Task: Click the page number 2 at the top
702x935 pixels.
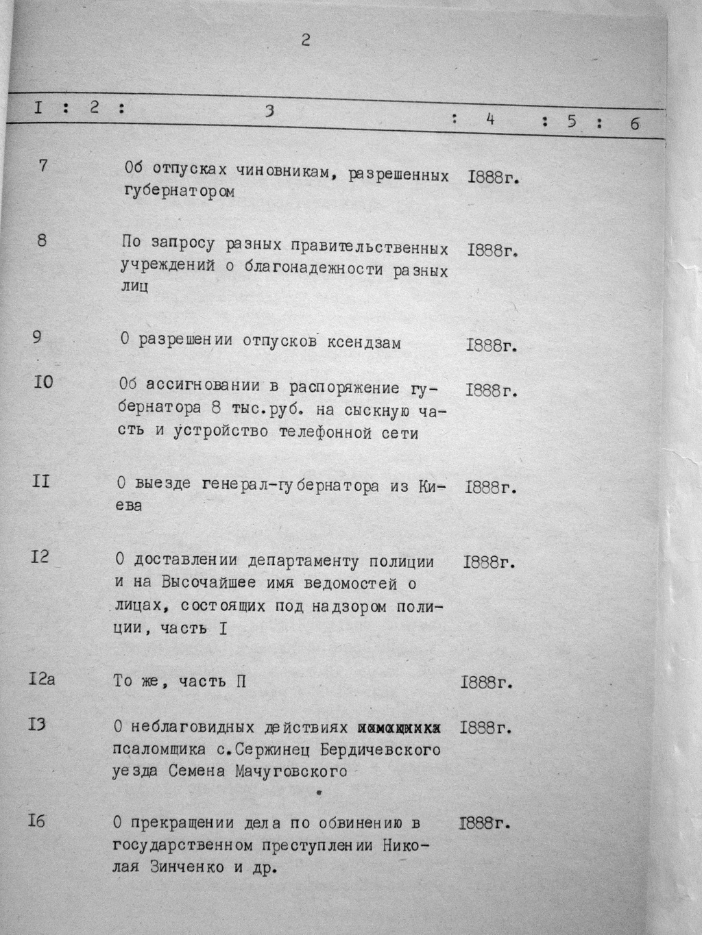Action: tap(306, 40)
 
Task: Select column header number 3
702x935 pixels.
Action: tap(269, 112)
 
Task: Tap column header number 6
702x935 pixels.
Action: tap(634, 124)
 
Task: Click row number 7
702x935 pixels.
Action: tap(43, 166)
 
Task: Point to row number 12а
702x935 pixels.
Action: tap(42, 680)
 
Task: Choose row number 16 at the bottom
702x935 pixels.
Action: tap(37, 820)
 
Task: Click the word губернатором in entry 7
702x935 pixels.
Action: tap(180, 192)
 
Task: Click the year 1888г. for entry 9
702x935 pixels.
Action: tap(491, 346)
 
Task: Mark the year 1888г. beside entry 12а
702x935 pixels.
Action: tap(487, 683)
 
